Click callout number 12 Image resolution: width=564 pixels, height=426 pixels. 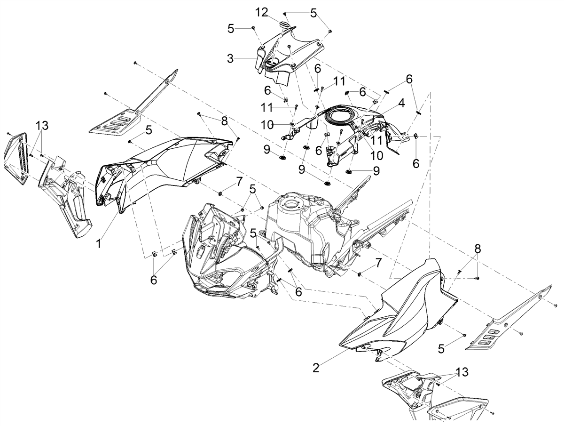coord(262,12)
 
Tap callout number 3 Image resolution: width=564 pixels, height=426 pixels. coord(230,59)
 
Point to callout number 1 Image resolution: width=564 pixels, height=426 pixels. coord(98,243)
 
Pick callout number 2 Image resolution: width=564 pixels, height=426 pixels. coord(316,368)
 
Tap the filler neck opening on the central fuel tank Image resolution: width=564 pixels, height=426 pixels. coord(292,205)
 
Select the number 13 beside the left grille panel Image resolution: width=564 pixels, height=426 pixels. coord(42,126)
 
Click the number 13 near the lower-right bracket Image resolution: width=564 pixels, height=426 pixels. coord(462,372)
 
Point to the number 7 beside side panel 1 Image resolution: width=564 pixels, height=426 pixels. coord(239,182)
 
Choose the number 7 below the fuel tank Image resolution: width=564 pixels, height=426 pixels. coord(379,263)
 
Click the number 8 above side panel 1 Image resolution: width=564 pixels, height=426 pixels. coord(225,121)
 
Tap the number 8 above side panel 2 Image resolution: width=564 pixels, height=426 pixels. coord(477,249)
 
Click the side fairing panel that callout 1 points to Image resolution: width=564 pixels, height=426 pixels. coord(162,165)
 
